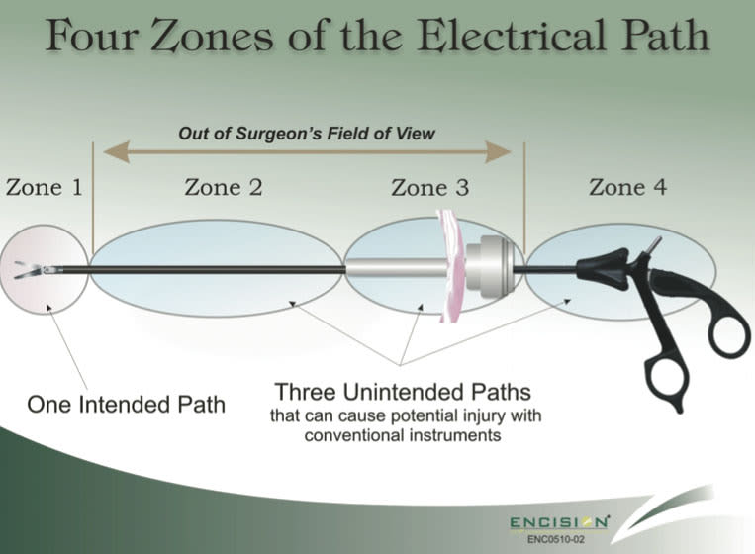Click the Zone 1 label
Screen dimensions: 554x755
[45, 187]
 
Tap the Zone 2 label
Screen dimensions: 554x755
[224, 187]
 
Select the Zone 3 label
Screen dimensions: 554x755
[430, 187]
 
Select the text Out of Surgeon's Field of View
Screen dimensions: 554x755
[306, 132]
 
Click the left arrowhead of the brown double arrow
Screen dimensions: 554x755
[112, 152]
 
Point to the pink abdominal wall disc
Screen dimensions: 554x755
[452, 265]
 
